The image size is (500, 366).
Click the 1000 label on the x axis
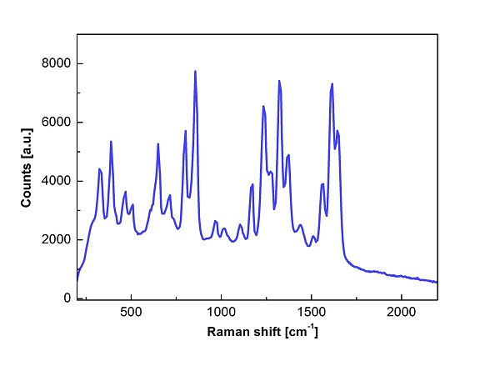(x=221, y=313)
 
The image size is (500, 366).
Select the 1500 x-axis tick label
(x=311, y=313)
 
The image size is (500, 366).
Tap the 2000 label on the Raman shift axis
(x=401, y=313)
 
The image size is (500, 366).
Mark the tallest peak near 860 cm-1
(x=195, y=71)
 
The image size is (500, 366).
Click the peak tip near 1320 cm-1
(x=279, y=81)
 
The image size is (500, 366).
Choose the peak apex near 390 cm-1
(x=111, y=142)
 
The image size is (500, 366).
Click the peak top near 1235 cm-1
(x=263, y=106)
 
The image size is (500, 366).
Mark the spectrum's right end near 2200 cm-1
(x=437, y=282)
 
